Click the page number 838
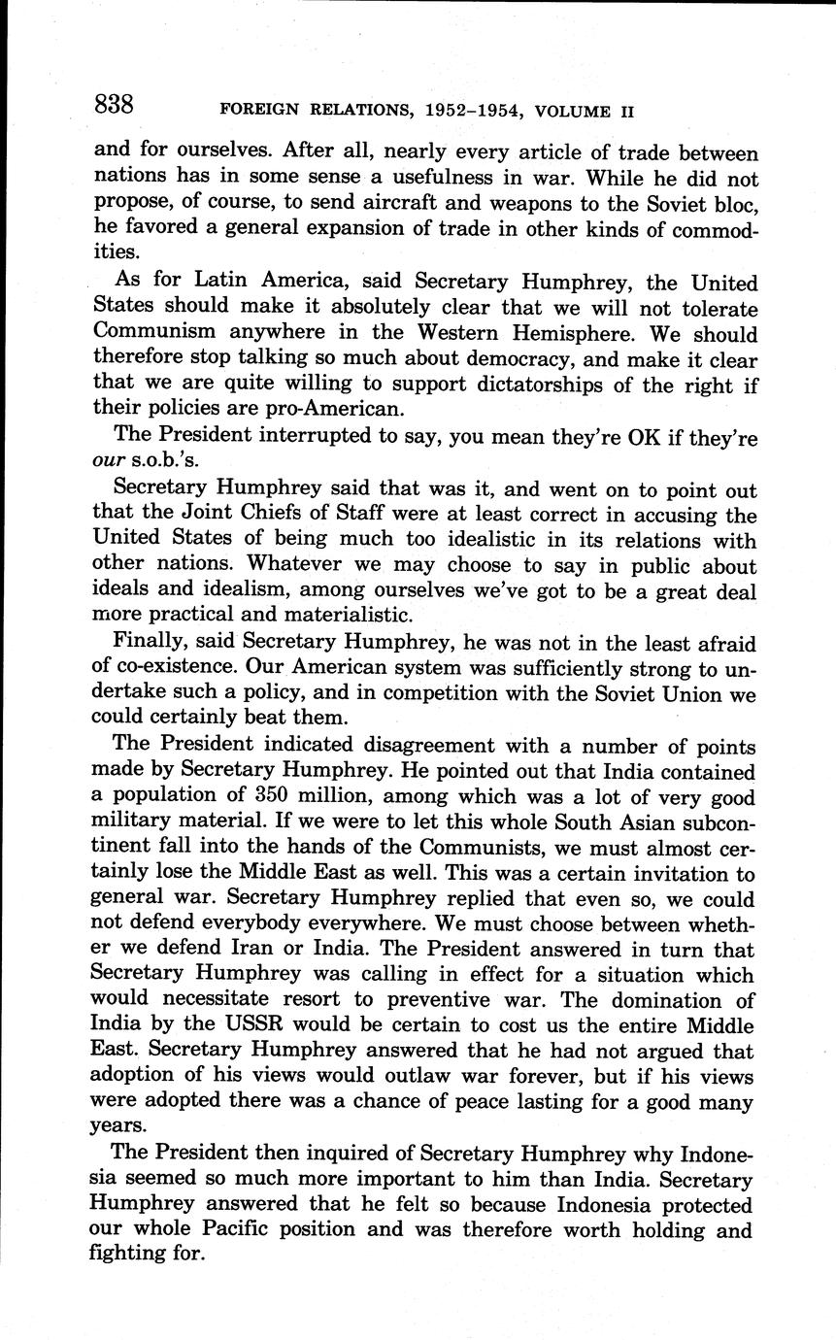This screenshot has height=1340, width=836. coord(114,105)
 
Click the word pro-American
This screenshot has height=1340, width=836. coord(333,411)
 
